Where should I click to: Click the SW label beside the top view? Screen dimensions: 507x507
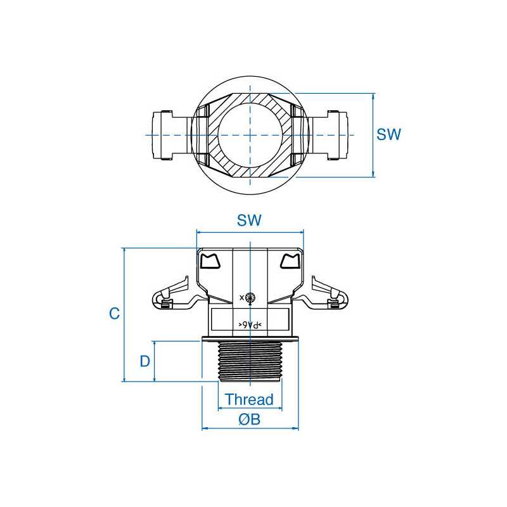(389, 135)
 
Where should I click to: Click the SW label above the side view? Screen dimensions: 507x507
(250, 221)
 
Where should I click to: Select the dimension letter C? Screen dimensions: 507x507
(114, 314)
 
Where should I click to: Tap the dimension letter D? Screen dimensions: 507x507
(145, 362)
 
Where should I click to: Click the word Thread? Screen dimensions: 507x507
(250, 400)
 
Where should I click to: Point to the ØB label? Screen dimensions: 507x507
(250, 420)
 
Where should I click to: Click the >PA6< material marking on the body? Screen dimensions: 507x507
(250, 324)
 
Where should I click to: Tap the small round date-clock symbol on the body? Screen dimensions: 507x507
(250, 297)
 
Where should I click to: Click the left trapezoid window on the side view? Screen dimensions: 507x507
(210, 260)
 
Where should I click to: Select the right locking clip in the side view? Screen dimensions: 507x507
(328, 295)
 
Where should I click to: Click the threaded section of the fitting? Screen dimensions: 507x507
(250, 361)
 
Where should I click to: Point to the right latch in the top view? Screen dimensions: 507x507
(334, 135)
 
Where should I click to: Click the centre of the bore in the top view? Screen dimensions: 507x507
(250, 135)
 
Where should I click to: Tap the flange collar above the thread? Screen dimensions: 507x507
(250, 337)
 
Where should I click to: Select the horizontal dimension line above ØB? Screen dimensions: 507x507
(250, 428)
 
